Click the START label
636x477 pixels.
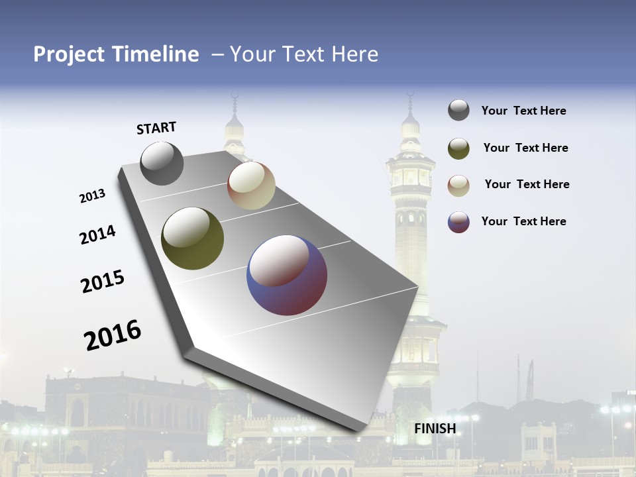point(156,128)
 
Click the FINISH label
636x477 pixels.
point(435,429)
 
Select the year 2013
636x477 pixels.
point(92,196)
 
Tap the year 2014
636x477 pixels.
point(97,235)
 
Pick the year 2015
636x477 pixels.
point(103,282)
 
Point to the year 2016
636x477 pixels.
point(113,335)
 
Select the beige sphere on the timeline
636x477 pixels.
point(251,185)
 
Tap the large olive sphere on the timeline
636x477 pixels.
point(192,238)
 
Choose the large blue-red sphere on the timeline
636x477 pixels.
point(287,275)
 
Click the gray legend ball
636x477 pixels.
point(458,111)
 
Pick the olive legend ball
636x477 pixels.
point(458,148)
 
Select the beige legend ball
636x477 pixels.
point(458,185)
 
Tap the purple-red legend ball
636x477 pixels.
point(458,222)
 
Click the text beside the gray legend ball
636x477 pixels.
point(523,111)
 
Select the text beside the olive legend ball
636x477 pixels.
point(525,148)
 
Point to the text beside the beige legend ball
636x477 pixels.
point(527,184)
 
